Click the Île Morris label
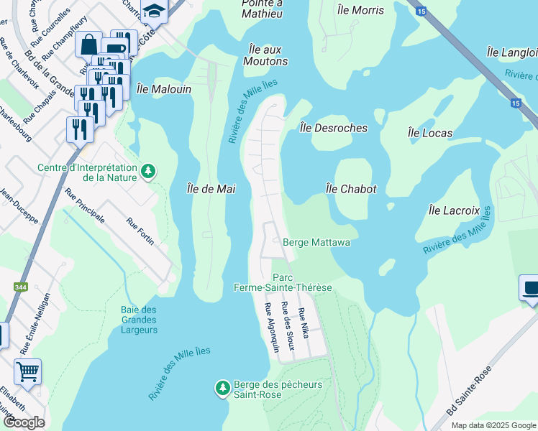click(x=360, y=10)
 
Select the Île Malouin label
click(x=164, y=89)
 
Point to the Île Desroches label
click(x=333, y=128)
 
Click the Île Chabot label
click(x=351, y=188)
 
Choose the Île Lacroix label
click(x=453, y=210)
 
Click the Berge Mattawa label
click(x=316, y=243)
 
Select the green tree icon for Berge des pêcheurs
click(x=223, y=389)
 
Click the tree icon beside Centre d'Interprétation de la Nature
click(x=148, y=171)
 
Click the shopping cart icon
click(x=27, y=372)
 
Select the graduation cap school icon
click(x=153, y=9)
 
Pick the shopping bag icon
click(x=88, y=44)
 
